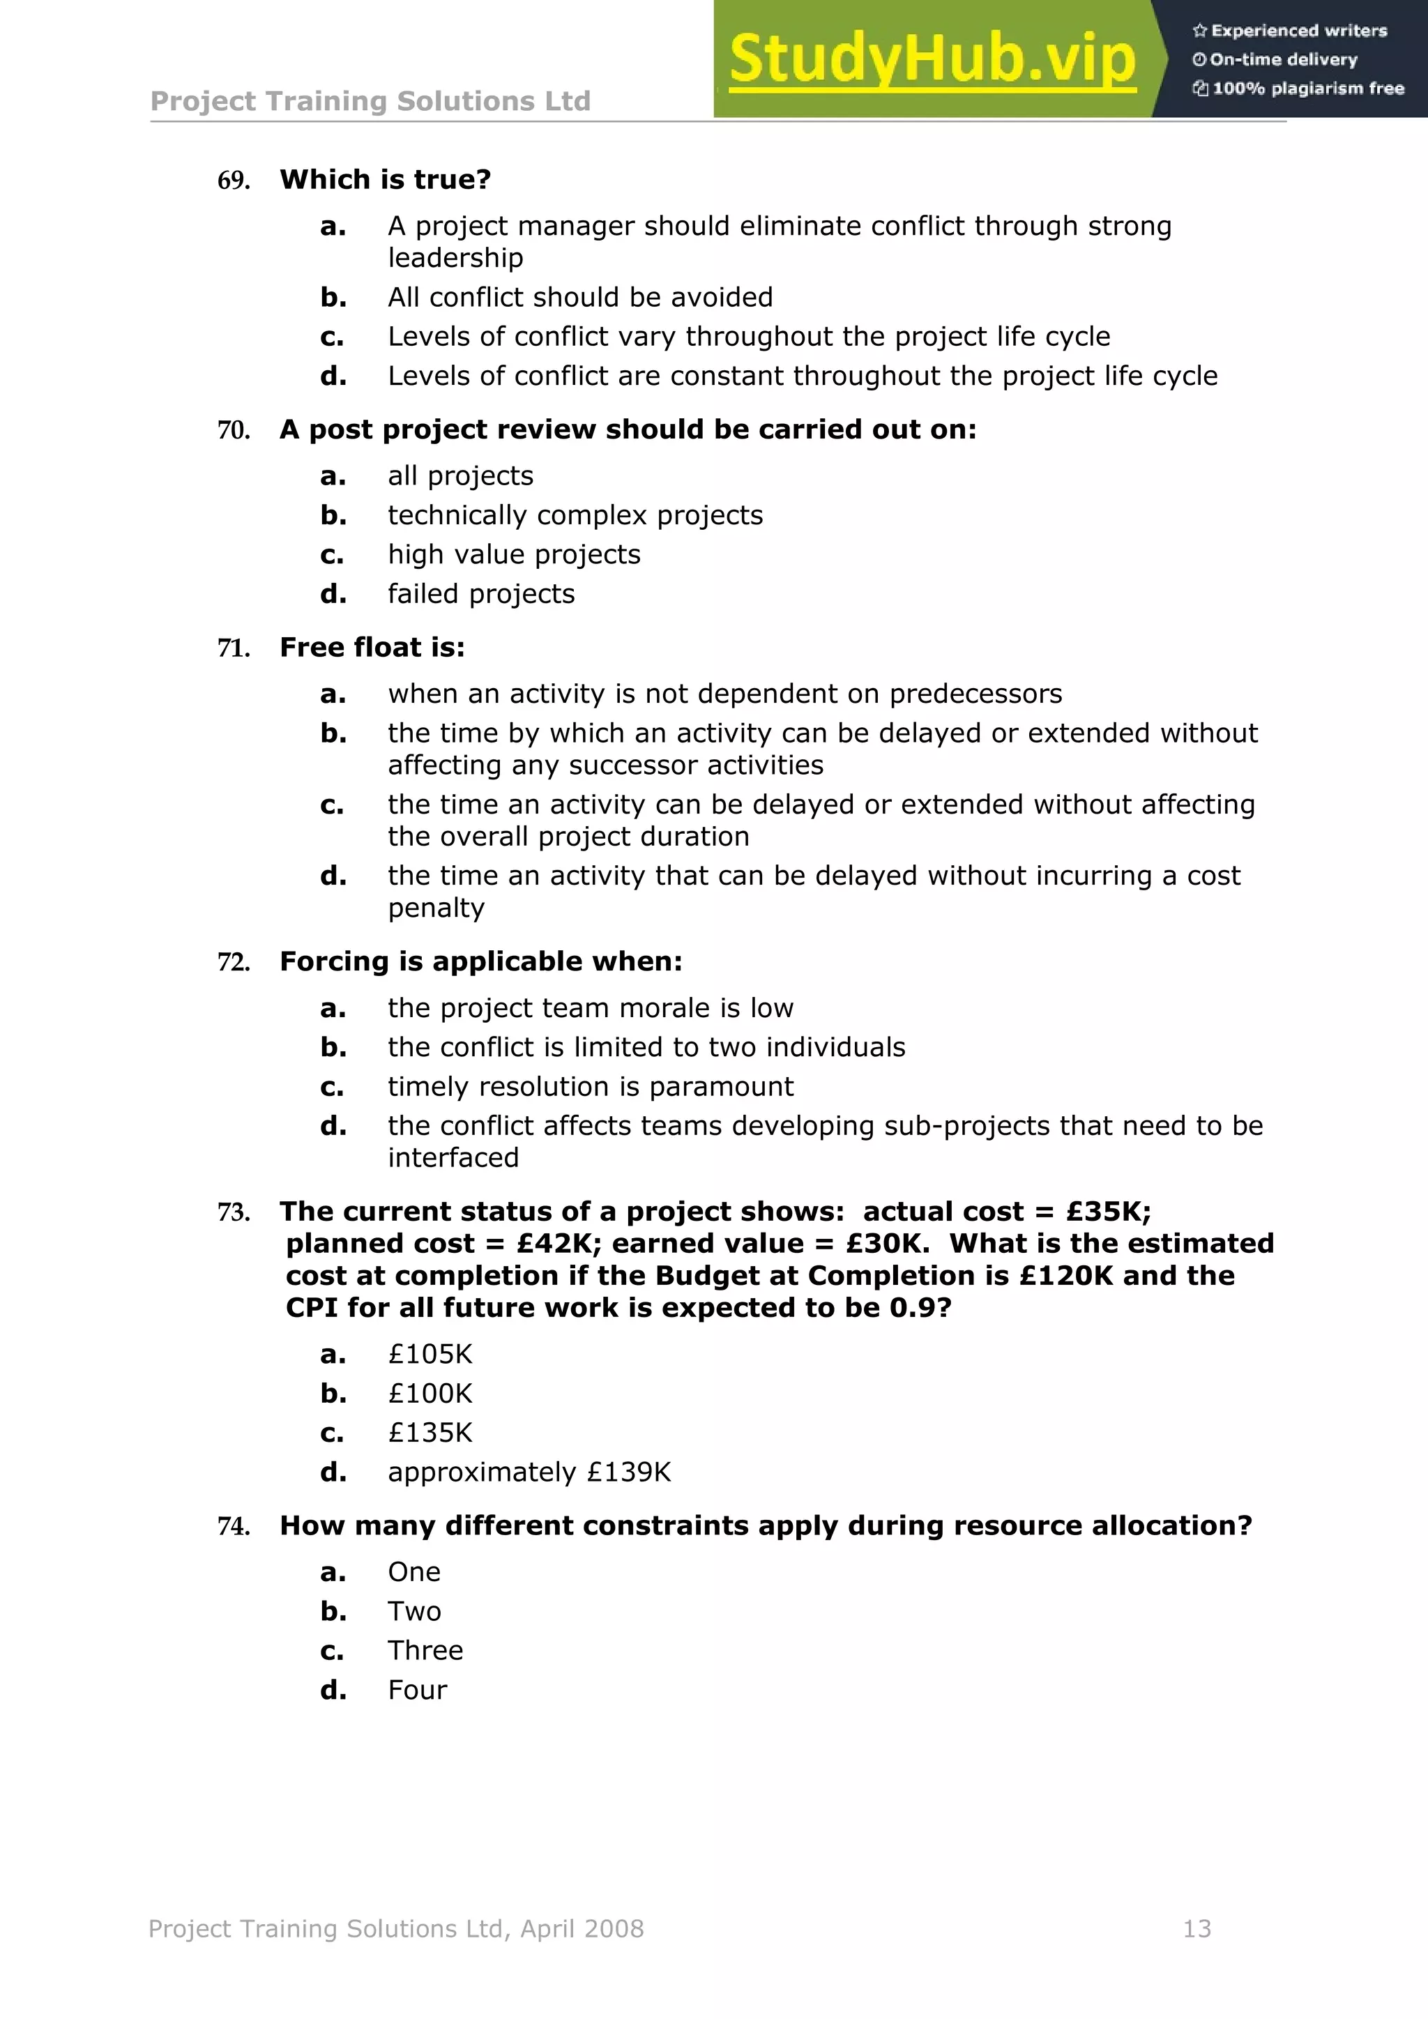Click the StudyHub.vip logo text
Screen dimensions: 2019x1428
tap(932, 60)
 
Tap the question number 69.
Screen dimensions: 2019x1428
tap(233, 181)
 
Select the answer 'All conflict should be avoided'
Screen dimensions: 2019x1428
tap(580, 297)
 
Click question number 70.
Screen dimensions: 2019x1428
tap(233, 430)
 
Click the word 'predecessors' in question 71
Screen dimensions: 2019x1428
tap(975, 694)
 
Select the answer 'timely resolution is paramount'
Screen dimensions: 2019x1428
tap(590, 1086)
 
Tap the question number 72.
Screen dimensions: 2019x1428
tap(233, 962)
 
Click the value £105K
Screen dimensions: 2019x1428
tap(430, 1354)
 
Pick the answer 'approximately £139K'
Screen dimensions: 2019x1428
tap(529, 1472)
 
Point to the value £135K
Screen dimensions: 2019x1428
tap(430, 1433)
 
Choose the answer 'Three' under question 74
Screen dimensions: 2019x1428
tap(425, 1651)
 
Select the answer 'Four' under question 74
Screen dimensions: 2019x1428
tap(417, 1690)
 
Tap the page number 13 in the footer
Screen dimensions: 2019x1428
tap(1197, 1929)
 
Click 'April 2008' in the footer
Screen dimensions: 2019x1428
tap(582, 1929)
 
